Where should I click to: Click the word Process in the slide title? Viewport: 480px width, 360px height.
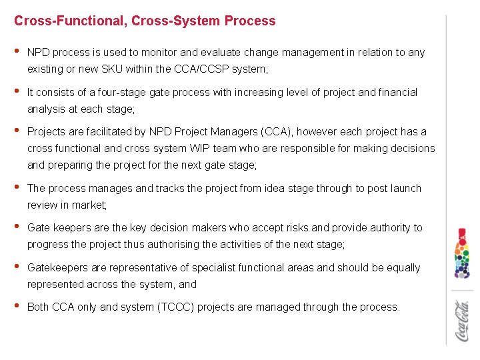(250, 21)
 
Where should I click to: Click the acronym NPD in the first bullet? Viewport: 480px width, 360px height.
(39, 52)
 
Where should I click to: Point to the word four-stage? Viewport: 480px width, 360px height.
(144, 92)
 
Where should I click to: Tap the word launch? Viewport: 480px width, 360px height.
(406, 188)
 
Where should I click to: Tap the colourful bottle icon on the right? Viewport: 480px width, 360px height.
(462, 253)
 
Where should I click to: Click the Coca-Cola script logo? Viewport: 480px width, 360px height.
(462, 321)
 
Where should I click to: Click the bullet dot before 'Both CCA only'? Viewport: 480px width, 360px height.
(17, 307)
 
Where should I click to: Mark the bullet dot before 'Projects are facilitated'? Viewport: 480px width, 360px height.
(17, 131)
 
